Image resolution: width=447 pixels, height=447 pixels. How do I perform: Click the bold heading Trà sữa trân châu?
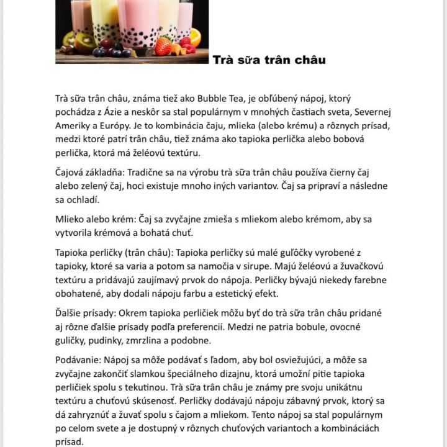point(269,60)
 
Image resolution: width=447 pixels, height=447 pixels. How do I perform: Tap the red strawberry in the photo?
point(163,47)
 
